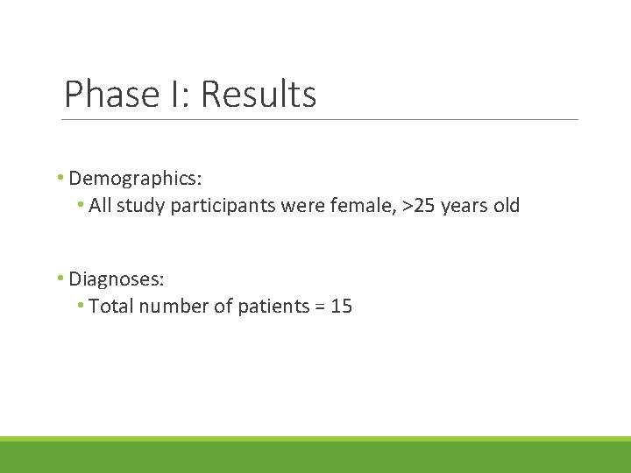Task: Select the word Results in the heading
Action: click(x=259, y=95)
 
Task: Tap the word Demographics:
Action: click(x=136, y=179)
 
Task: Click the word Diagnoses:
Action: click(x=117, y=279)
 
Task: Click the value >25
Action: click(x=419, y=206)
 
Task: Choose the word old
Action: click(x=507, y=206)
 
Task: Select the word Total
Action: click(x=109, y=307)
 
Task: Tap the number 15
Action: click(x=342, y=307)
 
